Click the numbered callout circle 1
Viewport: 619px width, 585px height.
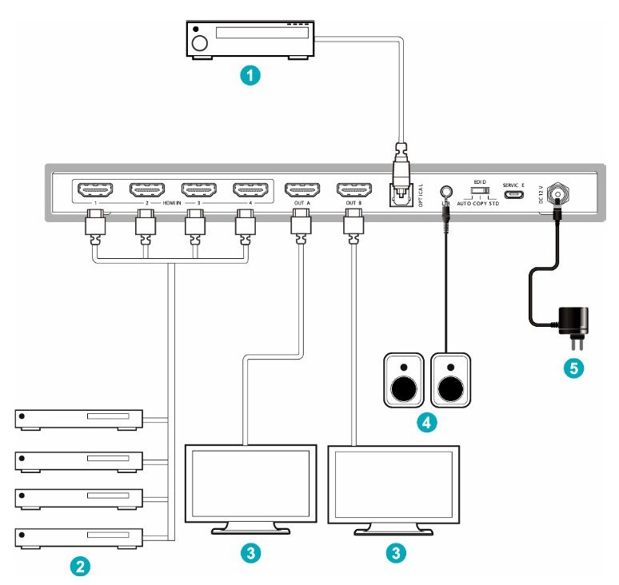[x=252, y=76]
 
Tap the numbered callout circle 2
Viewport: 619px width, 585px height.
[x=79, y=566]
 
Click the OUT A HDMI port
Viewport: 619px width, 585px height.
[x=302, y=190]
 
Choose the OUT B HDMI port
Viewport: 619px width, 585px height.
[x=353, y=190]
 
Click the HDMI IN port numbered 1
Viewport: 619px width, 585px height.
[x=95, y=190]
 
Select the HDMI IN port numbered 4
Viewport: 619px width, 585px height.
[x=251, y=190]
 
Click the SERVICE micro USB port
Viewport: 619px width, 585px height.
[x=513, y=194]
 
